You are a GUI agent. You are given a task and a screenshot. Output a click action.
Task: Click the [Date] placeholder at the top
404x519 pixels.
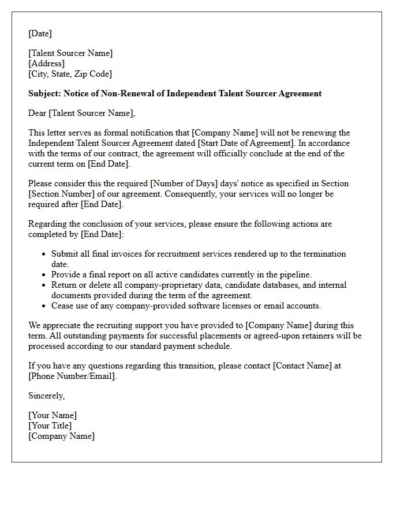click(x=40, y=33)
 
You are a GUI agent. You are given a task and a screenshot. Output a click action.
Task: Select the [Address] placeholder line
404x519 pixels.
click(x=46, y=63)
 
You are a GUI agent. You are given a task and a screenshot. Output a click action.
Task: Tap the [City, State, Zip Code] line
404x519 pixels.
click(x=70, y=74)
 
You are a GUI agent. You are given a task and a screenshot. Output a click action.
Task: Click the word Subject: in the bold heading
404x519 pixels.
click(x=44, y=93)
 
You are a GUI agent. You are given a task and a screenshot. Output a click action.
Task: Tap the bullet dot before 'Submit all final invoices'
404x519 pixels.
click(x=44, y=254)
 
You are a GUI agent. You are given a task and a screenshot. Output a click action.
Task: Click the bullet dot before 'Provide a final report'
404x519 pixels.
click(x=44, y=275)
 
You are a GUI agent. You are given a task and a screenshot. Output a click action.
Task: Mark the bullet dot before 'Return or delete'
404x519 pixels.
click(x=44, y=285)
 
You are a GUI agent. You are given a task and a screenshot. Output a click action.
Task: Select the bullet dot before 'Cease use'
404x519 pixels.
click(x=44, y=306)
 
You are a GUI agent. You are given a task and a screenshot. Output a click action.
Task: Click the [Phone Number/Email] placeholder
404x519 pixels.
click(x=72, y=376)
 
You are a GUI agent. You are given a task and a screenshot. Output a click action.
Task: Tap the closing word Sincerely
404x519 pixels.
click(x=46, y=396)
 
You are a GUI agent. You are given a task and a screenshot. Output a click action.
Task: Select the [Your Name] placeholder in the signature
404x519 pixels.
click(x=53, y=415)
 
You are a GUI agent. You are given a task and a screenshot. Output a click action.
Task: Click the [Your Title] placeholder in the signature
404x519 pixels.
click(x=50, y=426)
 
